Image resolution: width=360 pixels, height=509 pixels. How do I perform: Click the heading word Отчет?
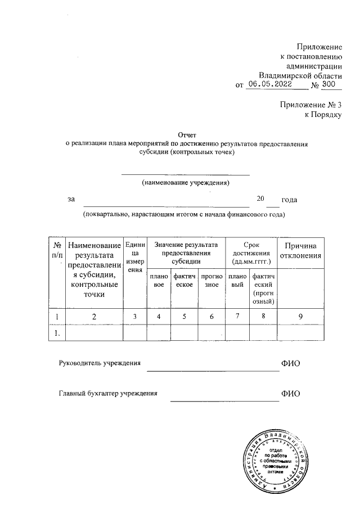pos(187,135)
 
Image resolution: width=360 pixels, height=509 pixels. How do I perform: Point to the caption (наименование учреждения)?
pos(186,183)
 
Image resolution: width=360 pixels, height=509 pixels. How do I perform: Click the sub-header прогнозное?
pos(211,281)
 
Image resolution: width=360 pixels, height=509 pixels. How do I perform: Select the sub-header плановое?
pos(159,281)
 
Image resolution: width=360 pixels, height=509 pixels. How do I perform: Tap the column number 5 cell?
pos(183,317)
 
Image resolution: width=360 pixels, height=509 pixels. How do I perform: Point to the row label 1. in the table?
pos(57,334)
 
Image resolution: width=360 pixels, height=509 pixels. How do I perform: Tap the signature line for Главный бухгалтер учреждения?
pos(224,399)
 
